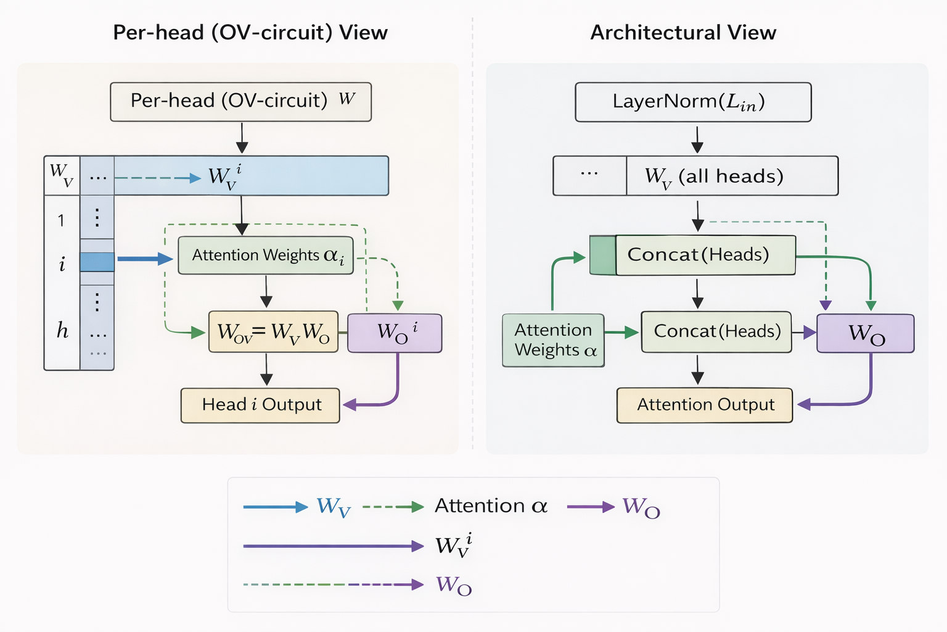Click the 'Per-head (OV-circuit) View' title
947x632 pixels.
[x=250, y=33]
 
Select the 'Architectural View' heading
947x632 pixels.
[x=683, y=33]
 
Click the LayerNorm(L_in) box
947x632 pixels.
[x=693, y=102]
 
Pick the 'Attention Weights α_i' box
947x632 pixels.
[x=266, y=256]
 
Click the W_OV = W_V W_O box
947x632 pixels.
[x=273, y=332]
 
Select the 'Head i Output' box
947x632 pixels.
[x=260, y=405]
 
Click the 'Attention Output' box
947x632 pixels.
[x=705, y=405]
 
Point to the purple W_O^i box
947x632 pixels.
[x=395, y=333]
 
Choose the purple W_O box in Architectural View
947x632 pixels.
[x=865, y=333]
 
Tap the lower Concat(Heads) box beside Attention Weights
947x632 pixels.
[x=716, y=332]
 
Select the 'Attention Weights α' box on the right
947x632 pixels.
[x=553, y=340]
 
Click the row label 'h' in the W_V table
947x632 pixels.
[x=62, y=331]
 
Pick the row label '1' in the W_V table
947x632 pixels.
[x=61, y=220]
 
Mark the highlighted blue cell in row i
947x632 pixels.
[x=97, y=262]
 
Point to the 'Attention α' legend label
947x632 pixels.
[x=491, y=506]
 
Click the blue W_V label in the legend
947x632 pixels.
[x=334, y=507]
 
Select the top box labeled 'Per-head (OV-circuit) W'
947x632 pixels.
[x=240, y=102]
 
